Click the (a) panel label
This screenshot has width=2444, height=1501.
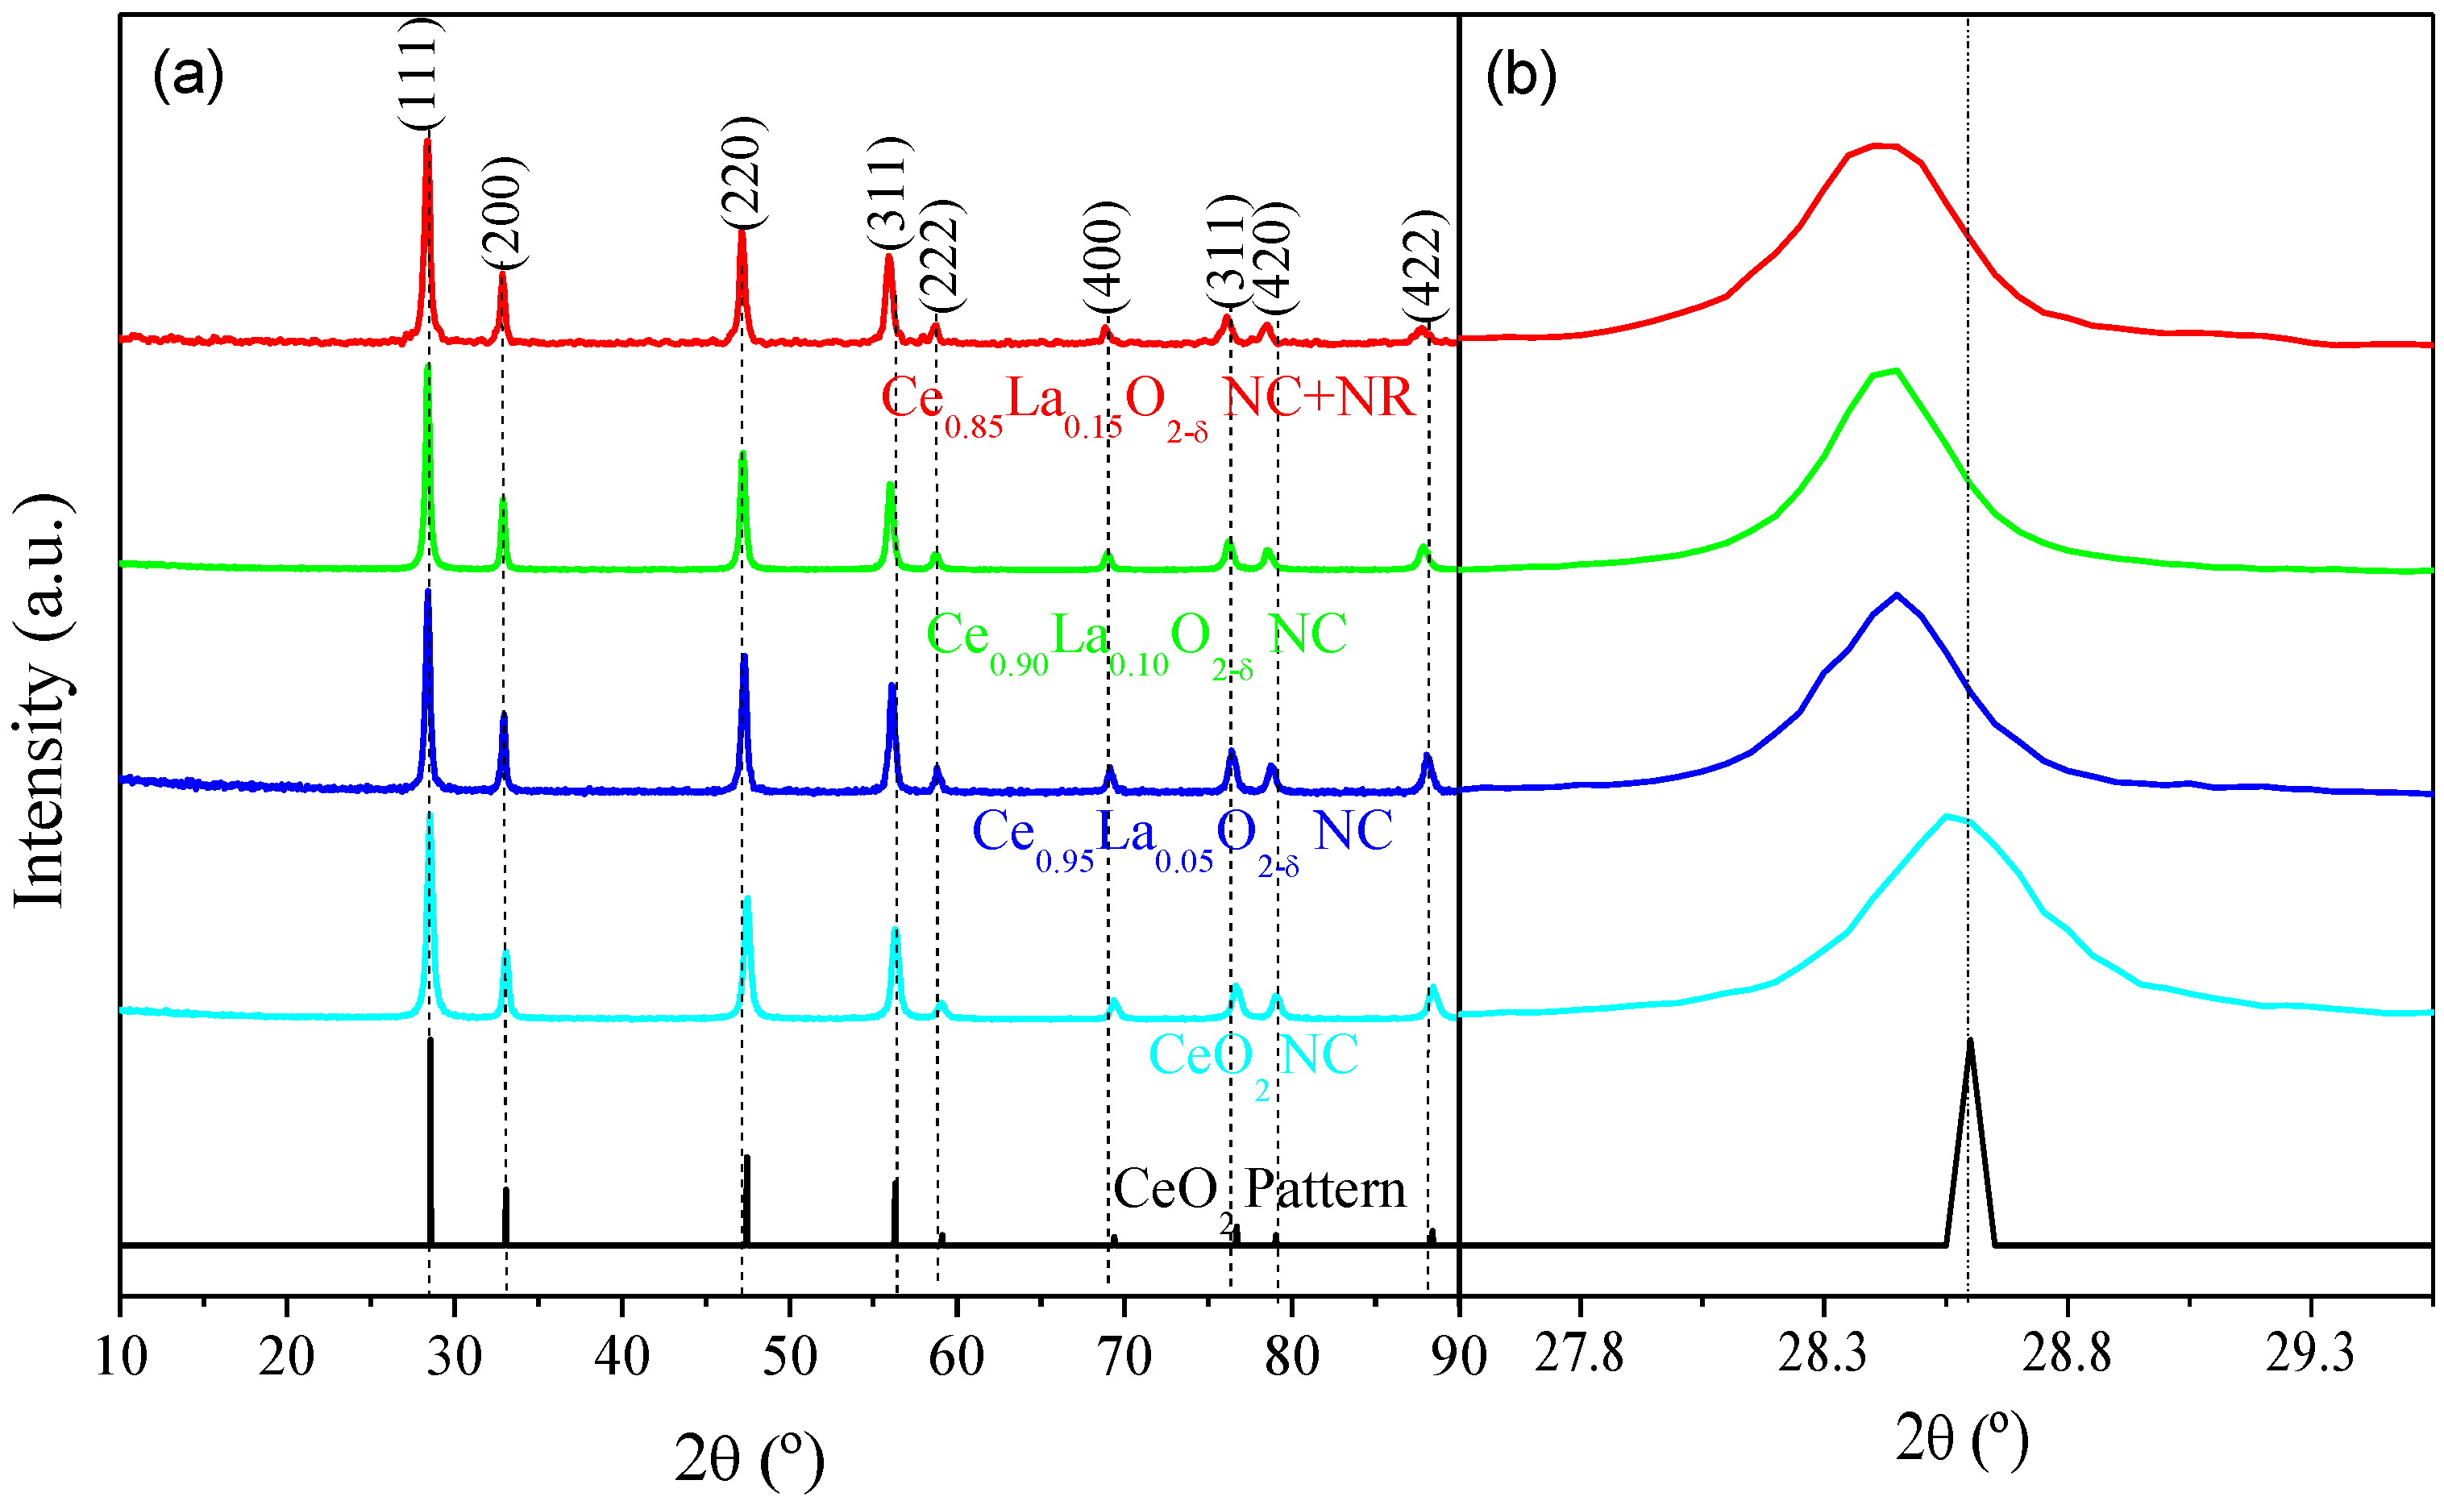(188, 74)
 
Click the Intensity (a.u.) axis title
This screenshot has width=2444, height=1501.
(42, 699)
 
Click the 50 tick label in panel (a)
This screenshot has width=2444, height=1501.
(789, 1356)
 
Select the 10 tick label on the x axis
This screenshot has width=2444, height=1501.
(121, 1356)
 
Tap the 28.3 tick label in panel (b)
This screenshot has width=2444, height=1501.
(1822, 1352)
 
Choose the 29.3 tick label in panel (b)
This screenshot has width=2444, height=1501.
(2309, 1352)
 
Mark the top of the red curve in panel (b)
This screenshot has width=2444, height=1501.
(1883, 146)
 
